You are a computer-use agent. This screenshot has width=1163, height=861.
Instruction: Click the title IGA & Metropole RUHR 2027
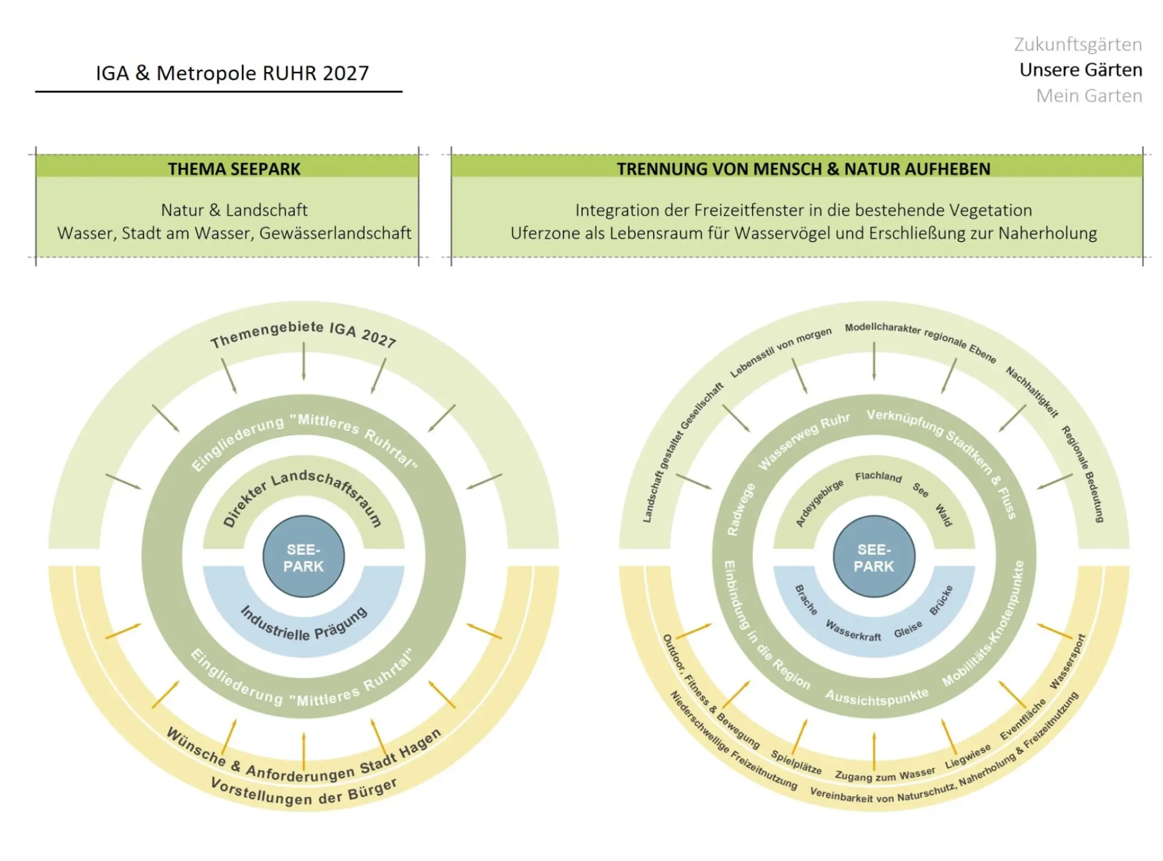point(232,73)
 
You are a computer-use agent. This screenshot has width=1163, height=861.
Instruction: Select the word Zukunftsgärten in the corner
point(1078,44)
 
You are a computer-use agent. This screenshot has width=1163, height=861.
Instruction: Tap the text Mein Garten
point(1089,95)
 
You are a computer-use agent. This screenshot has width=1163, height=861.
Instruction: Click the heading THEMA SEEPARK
point(234,169)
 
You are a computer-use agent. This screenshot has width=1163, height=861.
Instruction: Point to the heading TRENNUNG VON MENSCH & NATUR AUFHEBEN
point(804,169)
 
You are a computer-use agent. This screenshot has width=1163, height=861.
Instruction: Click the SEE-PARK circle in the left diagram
point(304,557)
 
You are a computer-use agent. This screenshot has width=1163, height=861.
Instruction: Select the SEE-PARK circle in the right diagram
point(874,557)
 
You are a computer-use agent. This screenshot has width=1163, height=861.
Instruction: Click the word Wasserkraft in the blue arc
point(853,631)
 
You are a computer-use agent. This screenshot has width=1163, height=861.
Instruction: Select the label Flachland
point(878,477)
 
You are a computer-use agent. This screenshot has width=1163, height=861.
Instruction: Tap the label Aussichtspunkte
point(877,696)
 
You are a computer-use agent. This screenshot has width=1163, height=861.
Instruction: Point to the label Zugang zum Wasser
point(885,774)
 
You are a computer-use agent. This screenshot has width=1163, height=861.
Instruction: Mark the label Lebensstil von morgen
point(781,352)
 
